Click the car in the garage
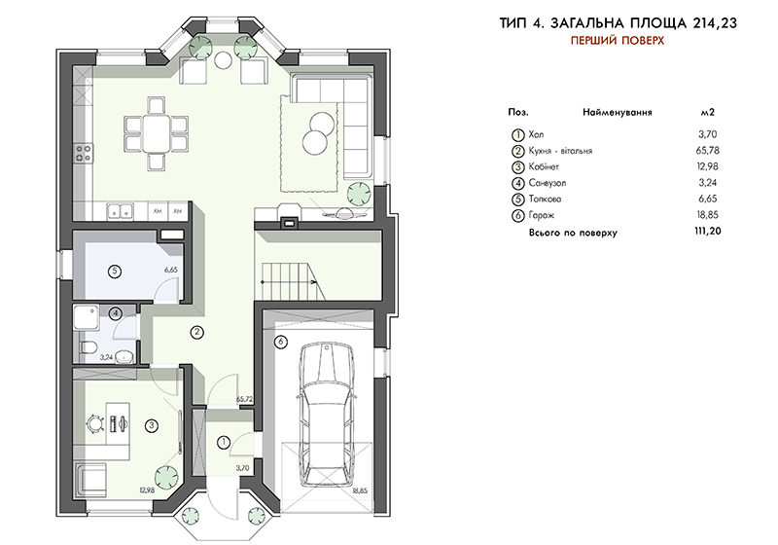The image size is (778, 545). tap(327, 415)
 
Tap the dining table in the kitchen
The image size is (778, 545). tap(156, 134)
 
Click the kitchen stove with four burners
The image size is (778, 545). tap(83, 153)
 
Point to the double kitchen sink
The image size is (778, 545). tap(121, 211)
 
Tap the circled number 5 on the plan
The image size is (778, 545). tap(115, 272)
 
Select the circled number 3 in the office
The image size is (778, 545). tap(152, 425)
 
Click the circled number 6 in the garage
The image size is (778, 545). tap(281, 342)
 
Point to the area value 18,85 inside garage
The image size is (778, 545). tap(360, 490)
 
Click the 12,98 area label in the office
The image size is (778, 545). tap(148, 490)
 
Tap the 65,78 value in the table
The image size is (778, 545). tap(708, 151)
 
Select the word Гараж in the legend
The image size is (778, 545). tap(542, 215)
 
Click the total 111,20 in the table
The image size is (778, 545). tap(708, 231)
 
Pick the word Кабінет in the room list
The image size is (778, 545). tap(544, 166)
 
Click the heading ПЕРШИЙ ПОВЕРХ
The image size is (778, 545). tap(617, 41)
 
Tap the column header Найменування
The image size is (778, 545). tap(618, 112)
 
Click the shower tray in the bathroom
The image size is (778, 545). tap(87, 317)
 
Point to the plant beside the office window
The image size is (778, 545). tap(166, 478)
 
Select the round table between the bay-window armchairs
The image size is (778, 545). tap(223, 60)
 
